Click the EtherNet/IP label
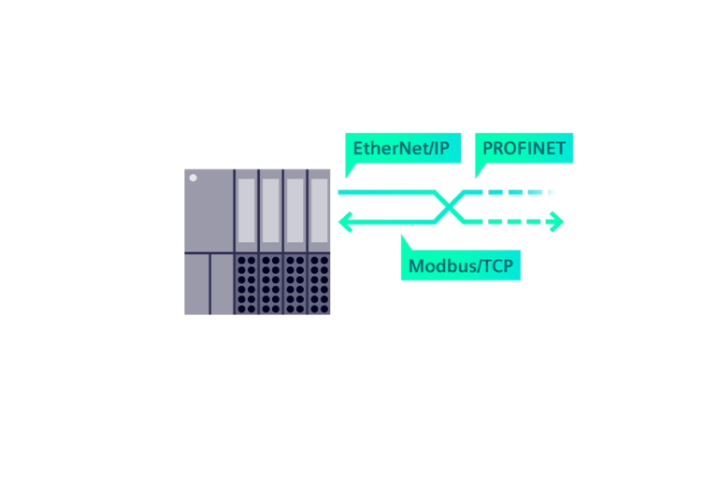403,149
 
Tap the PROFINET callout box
524,149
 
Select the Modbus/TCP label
461,266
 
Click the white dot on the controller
194,177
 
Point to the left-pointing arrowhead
344,222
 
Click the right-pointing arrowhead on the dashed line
557,222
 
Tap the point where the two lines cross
451,207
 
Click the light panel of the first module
247,210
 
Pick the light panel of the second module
271,210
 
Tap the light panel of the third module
295,210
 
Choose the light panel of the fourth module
320,210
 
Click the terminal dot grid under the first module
247,284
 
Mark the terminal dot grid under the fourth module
320,284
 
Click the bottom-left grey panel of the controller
196,284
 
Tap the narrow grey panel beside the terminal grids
222,284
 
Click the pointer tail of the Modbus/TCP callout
405,242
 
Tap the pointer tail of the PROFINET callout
479,170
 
